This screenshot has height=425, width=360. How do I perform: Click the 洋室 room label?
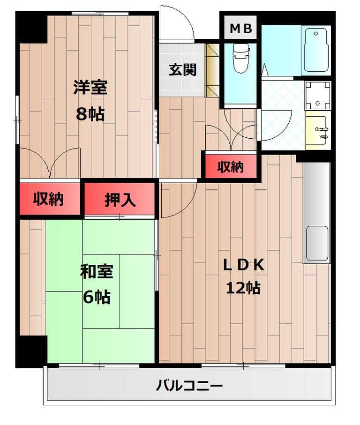(x=90, y=88)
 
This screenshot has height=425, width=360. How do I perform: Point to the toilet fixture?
(x=240, y=58)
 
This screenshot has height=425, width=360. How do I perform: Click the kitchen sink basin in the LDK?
(x=317, y=243)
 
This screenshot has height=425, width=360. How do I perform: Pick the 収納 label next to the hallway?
(x=230, y=167)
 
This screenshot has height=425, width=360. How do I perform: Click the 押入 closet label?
(x=120, y=200)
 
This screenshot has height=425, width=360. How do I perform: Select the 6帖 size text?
(x=97, y=297)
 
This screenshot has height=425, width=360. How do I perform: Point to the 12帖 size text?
(x=243, y=288)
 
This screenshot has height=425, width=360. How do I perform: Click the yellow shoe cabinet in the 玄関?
(x=211, y=70)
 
